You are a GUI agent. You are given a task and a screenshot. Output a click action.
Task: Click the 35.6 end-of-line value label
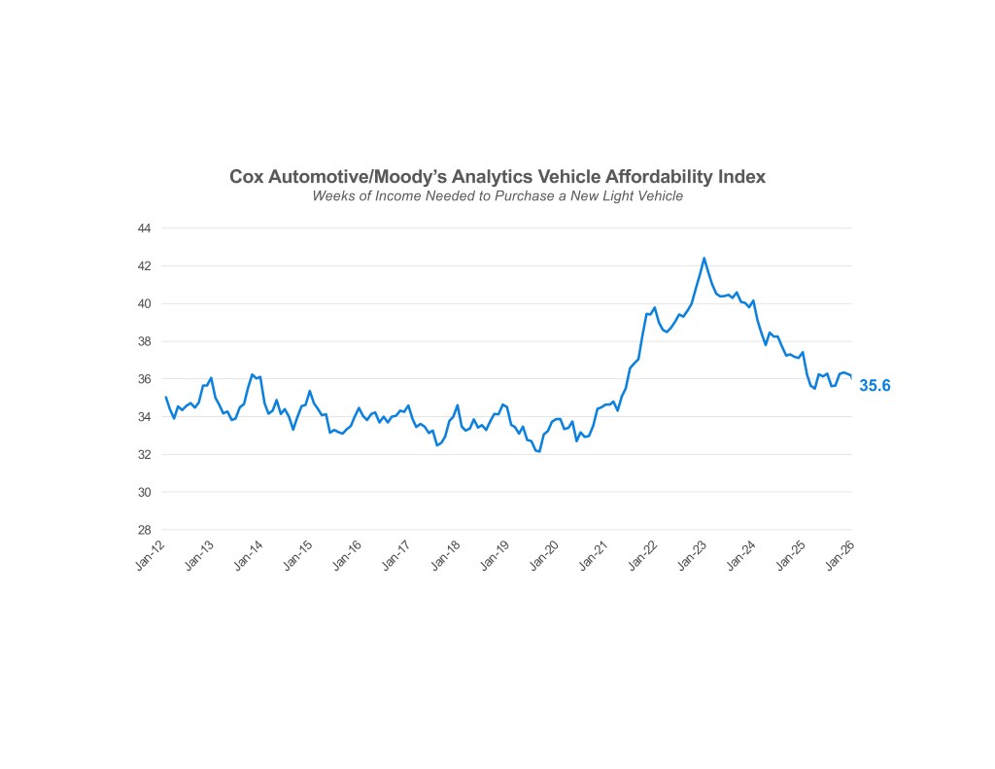coord(875,386)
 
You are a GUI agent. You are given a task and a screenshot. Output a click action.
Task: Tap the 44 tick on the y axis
coord(144,228)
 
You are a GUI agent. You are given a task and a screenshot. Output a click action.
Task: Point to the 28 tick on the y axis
coord(144,530)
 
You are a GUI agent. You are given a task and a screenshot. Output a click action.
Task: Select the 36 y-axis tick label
coord(144,379)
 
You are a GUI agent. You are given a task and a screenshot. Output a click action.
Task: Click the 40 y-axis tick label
coord(144,303)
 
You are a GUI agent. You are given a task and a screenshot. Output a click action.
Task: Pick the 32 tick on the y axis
coord(144,455)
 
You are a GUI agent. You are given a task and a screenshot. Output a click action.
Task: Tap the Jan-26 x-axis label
coord(841,555)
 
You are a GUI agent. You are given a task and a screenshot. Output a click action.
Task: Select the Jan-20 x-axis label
coord(546,555)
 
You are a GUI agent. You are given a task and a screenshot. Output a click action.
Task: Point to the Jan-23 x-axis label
coord(694,555)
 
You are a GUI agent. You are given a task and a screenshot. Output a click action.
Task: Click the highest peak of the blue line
coord(703,258)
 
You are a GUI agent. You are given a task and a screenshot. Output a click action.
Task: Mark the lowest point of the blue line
coord(538,451)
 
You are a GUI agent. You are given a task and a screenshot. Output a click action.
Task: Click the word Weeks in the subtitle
coord(332,196)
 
